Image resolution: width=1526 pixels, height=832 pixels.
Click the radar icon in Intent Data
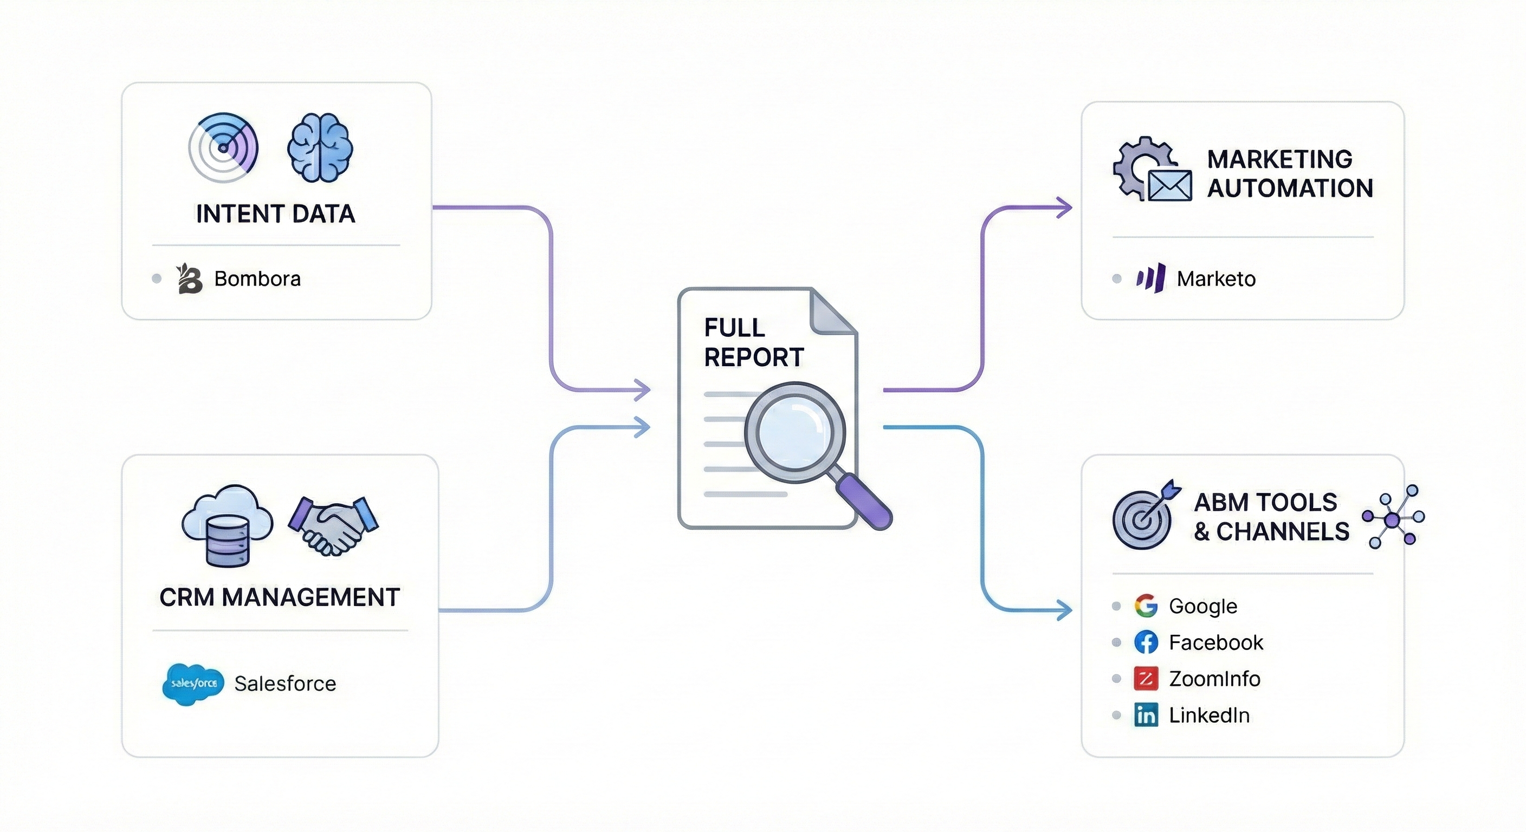pos(223,147)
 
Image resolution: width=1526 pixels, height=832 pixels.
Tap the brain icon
pos(320,147)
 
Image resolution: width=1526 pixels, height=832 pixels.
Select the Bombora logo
pos(190,279)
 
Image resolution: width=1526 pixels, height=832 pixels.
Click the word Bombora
pos(257,279)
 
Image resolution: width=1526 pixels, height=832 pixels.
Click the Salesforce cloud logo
pos(193,684)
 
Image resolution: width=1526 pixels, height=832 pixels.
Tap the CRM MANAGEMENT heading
pos(280,597)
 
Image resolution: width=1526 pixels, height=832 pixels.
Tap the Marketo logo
pos(1151,278)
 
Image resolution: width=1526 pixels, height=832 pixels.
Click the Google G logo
pos(1146,606)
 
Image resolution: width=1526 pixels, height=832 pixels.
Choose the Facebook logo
pos(1146,642)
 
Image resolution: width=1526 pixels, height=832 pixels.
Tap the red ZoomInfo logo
pos(1146,679)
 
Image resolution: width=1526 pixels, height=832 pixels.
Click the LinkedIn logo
pos(1146,716)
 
